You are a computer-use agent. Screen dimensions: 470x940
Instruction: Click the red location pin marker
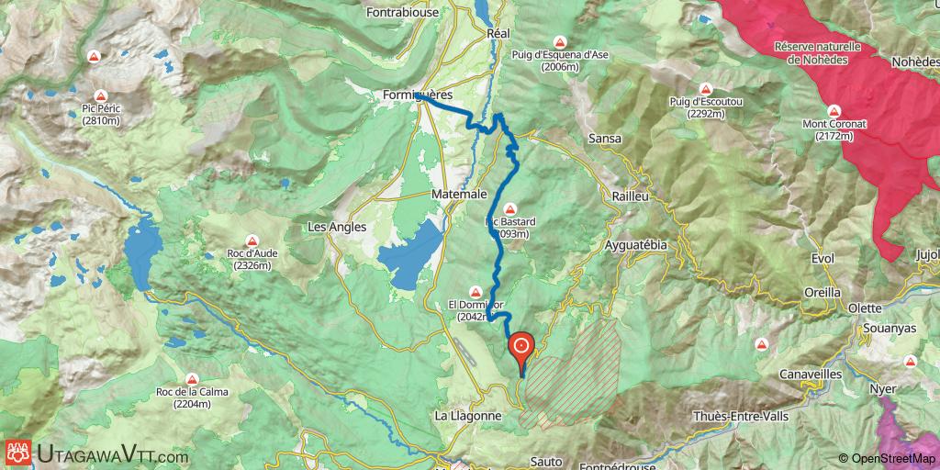pyautogui.click(x=521, y=347)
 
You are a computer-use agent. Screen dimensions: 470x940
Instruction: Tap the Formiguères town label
pyautogui.click(x=418, y=94)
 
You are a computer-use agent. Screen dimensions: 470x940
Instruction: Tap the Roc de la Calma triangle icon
pyautogui.click(x=192, y=378)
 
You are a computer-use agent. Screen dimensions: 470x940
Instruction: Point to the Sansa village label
pyautogui.click(x=605, y=139)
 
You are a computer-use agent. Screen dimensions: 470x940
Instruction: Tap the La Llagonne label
pyautogui.click(x=468, y=415)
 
